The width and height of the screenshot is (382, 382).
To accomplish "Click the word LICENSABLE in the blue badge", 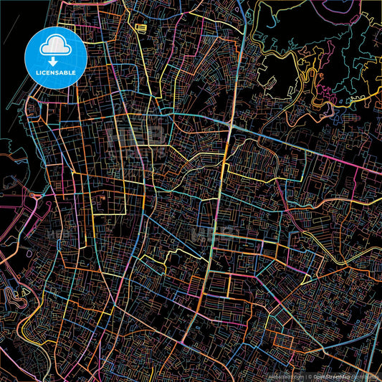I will point(55,72).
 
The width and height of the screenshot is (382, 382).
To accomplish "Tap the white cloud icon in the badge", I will point(55,47).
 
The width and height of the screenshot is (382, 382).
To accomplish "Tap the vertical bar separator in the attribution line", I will point(307,376).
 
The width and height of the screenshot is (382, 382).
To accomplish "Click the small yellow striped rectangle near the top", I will point(141,28).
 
